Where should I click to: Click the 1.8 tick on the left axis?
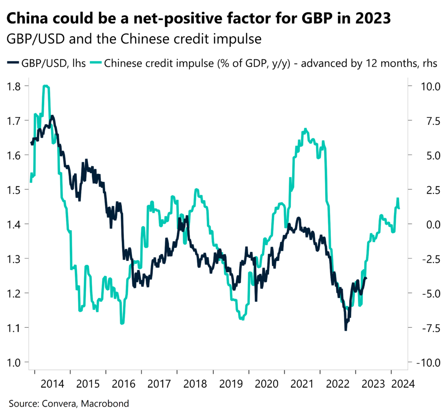click(14, 86)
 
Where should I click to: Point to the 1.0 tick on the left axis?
click(14, 362)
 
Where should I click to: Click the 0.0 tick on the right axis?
click(426, 224)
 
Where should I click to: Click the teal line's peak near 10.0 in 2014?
click(46, 86)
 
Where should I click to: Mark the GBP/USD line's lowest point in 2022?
click(346, 330)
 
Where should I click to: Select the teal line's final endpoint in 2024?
click(399, 208)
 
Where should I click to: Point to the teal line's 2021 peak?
click(305, 129)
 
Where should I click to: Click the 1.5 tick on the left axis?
click(14, 189)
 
